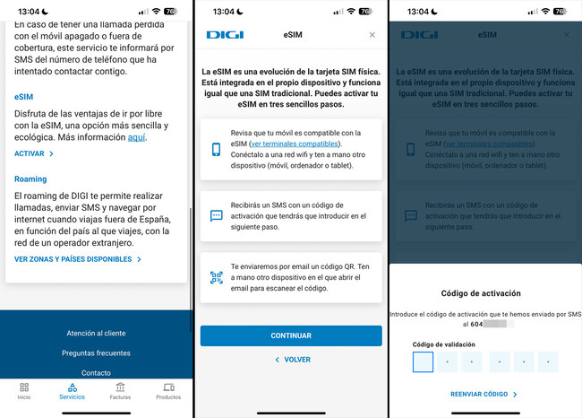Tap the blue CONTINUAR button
(291, 335)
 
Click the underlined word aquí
(136, 138)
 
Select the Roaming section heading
(30, 179)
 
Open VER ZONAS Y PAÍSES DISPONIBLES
(78, 259)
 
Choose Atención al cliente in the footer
(96, 333)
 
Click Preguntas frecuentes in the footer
(96, 353)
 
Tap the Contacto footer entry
(96, 372)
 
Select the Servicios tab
(73, 391)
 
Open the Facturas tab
(120, 391)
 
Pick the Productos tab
(168, 391)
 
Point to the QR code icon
(216, 278)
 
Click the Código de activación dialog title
(484, 293)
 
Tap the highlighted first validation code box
(423, 361)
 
